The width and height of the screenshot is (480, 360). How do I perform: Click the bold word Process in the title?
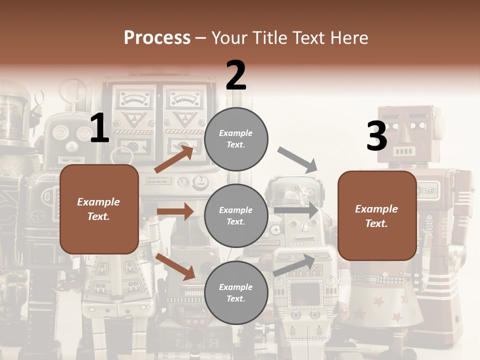click(157, 38)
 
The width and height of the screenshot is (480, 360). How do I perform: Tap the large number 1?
click(99, 128)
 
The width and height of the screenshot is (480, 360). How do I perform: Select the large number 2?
click(236, 75)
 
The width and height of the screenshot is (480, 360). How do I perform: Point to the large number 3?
click(376, 136)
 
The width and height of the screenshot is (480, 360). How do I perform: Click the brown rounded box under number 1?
click(99, 209)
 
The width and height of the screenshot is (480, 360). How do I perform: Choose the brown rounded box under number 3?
click(377, 215)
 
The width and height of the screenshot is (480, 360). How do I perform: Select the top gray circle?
click(236, 139)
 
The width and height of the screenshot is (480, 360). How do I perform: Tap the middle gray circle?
click(236, 215)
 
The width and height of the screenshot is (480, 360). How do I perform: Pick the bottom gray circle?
click(236, 292)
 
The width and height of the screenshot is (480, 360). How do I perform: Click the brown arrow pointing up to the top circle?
click(174, 159)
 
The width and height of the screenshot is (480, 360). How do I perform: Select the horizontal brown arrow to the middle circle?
click(175, 211)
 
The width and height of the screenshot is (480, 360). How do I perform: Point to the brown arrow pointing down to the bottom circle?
click(175, 266)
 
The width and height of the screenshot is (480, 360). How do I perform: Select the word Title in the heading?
click(270, 38)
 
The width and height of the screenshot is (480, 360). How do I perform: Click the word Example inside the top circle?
click(236, 133)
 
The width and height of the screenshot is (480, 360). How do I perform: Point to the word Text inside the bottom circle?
click(235, 298)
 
